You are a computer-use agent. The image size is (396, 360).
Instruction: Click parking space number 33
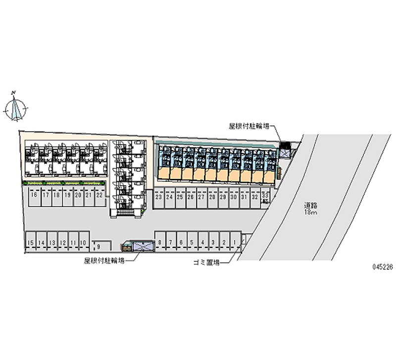pos(265,196)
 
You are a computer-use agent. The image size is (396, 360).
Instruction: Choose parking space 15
pos(31,243)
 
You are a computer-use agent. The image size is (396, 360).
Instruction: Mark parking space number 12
pos(63,243)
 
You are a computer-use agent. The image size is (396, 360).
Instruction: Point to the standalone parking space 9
pos(99,246)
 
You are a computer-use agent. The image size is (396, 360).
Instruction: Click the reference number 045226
pos(382,267)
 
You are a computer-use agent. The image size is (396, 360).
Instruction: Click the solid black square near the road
pos(285,146)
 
